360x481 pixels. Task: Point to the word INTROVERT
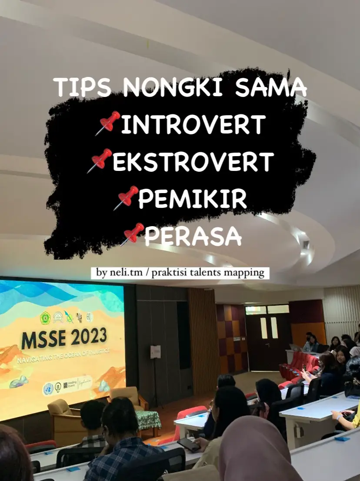(193, 124)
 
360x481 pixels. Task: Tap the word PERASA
(193, 236)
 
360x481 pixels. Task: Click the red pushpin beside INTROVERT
(108, 123)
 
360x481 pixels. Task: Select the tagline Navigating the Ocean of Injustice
(63, 355)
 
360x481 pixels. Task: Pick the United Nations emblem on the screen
(48, 389)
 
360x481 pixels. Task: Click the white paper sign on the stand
(156, 352)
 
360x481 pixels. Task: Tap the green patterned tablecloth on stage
(149, 420)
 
